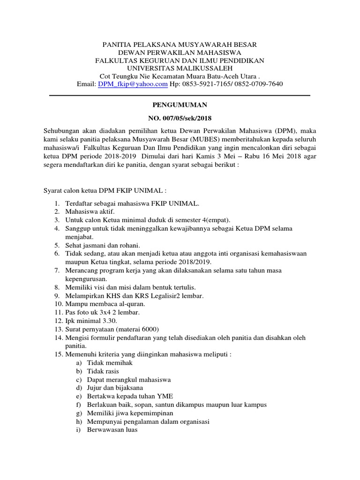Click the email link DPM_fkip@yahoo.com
133,84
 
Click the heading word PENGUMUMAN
180,105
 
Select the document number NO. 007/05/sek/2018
180,118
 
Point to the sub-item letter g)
79,413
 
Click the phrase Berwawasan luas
112,430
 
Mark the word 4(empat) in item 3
216,220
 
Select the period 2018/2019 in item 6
193,262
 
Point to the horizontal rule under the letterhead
180,96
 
